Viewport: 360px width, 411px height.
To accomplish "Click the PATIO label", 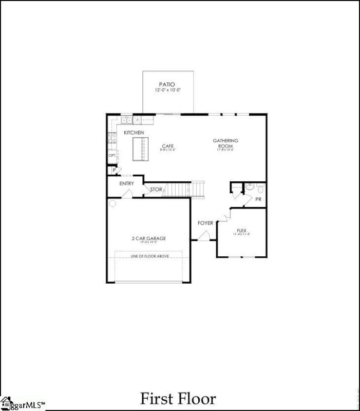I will (167, 84).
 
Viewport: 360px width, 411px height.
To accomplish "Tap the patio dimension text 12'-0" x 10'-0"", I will (167, 90).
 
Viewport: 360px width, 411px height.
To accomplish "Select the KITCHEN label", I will (134, 133).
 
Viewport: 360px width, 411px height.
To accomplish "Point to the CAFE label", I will (168, 146).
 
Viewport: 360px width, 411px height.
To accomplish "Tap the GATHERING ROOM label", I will (226, 143).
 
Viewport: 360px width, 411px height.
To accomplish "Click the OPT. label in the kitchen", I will (111, 155).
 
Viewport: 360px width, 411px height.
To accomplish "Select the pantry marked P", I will (111, 171).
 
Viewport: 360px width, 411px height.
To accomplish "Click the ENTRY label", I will (126, 183).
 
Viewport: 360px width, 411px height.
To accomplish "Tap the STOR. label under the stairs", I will (156, 190).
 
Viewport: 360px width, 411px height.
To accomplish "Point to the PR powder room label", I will (258, 198).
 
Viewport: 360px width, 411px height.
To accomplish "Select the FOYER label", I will (205, 223).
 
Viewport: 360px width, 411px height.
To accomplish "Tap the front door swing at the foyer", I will (203, 236).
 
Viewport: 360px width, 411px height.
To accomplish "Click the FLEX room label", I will (241, 231).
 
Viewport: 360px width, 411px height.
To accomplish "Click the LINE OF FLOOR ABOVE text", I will (149, 256).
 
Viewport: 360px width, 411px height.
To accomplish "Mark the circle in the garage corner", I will (112, 203).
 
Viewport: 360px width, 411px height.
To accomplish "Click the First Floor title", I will (178, 399).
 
